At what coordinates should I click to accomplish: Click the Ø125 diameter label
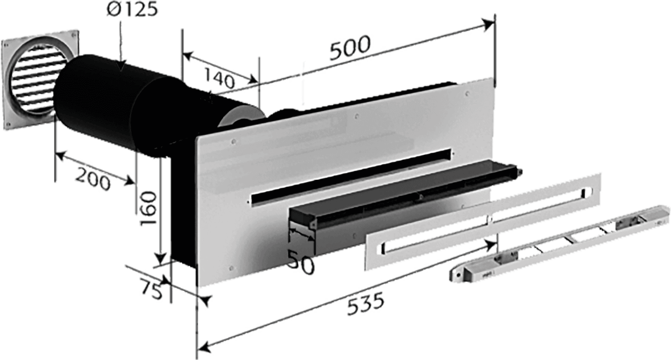click(132, 10)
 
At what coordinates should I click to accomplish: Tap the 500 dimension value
click(350, 47)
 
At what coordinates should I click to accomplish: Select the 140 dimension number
click(220, 78)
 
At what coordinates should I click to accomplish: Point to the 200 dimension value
click(93, 179)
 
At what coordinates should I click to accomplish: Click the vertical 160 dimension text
click(148, 209)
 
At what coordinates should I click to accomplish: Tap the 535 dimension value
click(366, 304)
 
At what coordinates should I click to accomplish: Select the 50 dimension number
click(301, 262)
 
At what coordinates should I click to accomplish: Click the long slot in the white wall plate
click(351, 177)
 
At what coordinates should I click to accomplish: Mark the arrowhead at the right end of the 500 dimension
click(488, 23)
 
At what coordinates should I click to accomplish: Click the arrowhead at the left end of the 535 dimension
click(204, 348)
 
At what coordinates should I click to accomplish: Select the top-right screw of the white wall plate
click(467, 94)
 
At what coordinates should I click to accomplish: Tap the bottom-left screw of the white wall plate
click(231, 268)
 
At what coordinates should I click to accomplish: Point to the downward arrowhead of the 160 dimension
click(161, 259)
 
